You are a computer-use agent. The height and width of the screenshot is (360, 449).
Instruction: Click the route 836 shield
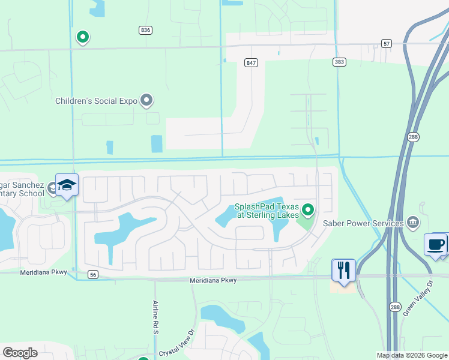pos(145,30)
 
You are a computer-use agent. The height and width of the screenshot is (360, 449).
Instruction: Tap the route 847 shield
pos(251,62)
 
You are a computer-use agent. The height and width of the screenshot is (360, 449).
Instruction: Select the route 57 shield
pos(386,43)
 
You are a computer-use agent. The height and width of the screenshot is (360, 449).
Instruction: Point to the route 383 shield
pos(340,62)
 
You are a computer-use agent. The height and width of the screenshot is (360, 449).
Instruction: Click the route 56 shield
pos(92,274)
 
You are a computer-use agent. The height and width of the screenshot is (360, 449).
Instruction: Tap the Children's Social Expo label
pos(97,101)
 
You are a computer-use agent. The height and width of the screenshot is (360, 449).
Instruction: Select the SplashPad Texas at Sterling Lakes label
pos(267,211)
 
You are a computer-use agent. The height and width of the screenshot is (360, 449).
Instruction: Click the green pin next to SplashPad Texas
pos(309,210)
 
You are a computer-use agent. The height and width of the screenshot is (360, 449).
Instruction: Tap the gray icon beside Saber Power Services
pos(413,223)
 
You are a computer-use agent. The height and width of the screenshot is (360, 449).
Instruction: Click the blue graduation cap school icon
pos(67,186)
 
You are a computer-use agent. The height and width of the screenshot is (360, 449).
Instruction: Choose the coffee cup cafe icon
pos(436,245)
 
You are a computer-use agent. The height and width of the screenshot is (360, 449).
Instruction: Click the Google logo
pos(20,353)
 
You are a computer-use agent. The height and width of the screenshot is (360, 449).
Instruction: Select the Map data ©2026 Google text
pos(412,355)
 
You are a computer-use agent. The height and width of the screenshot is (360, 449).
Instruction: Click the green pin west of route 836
pos(83,38)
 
